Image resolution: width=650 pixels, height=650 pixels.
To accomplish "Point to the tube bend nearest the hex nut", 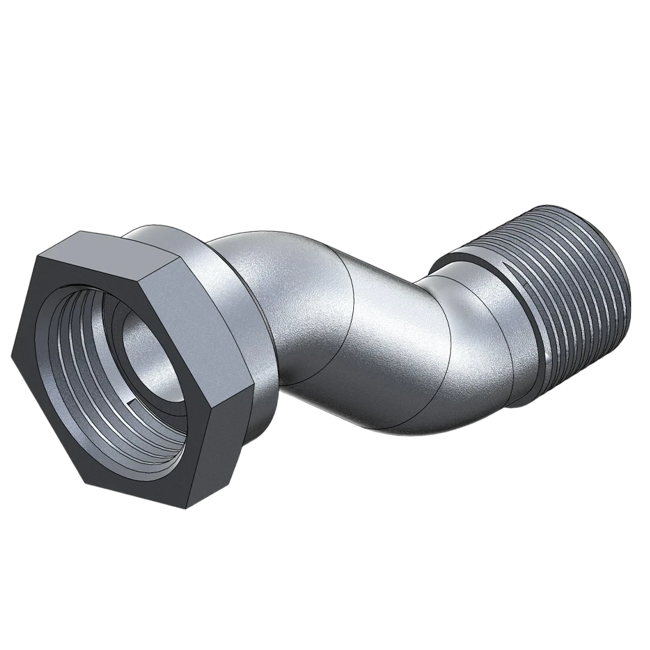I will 283,301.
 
